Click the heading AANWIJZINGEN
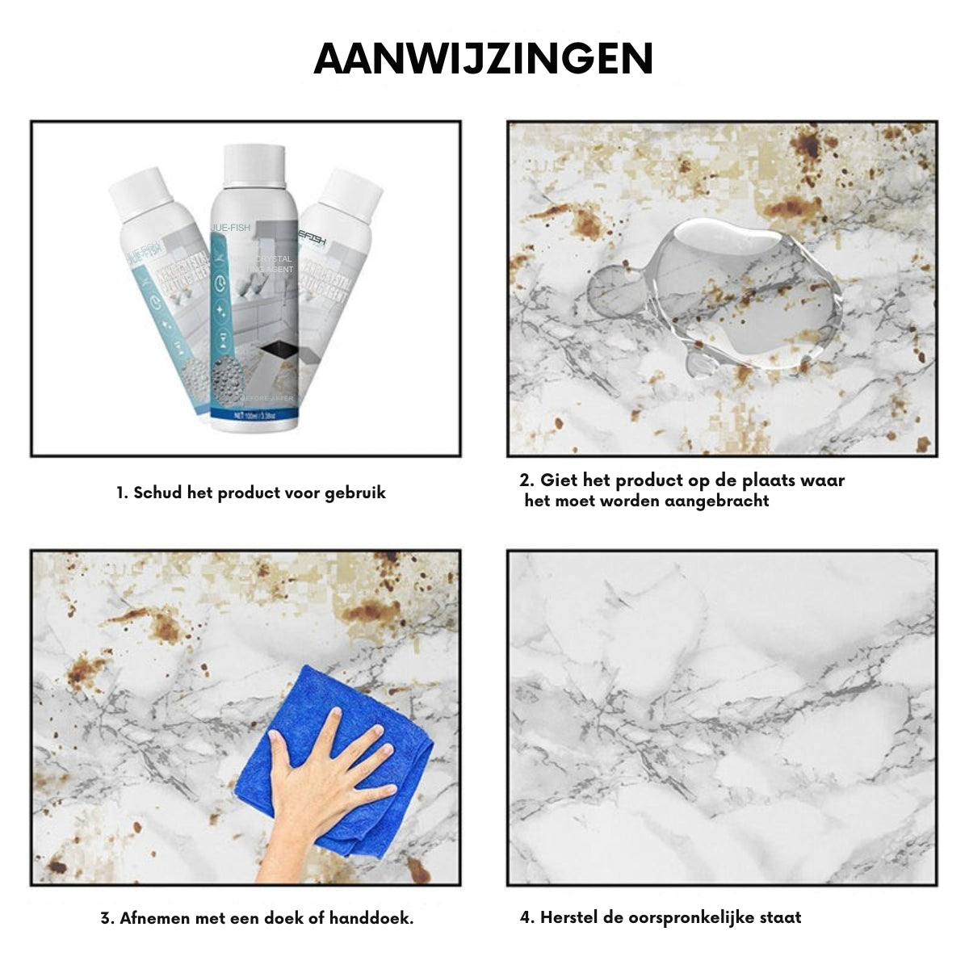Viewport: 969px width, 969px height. coord(484,59)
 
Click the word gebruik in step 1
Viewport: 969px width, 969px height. coord(354,493)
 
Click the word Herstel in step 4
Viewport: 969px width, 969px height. coord(569,917)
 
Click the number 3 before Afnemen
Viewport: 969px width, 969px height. coord(105,918)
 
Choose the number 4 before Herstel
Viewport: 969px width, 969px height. coord(526,917)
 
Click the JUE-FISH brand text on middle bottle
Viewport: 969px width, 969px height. coord(231,229)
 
